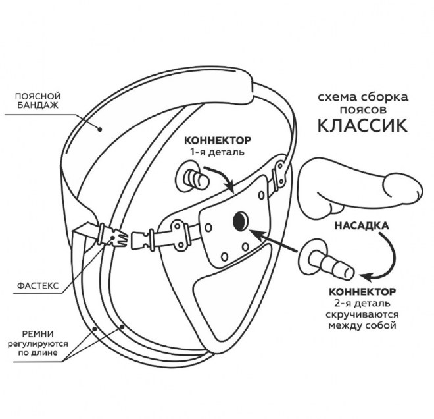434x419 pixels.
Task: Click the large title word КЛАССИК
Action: [361, 124]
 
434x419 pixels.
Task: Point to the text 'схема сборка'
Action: [362, 97]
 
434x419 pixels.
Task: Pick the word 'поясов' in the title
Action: [362, 109]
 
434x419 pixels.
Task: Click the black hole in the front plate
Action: [239, 222]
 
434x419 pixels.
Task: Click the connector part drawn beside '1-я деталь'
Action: [191, 178]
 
